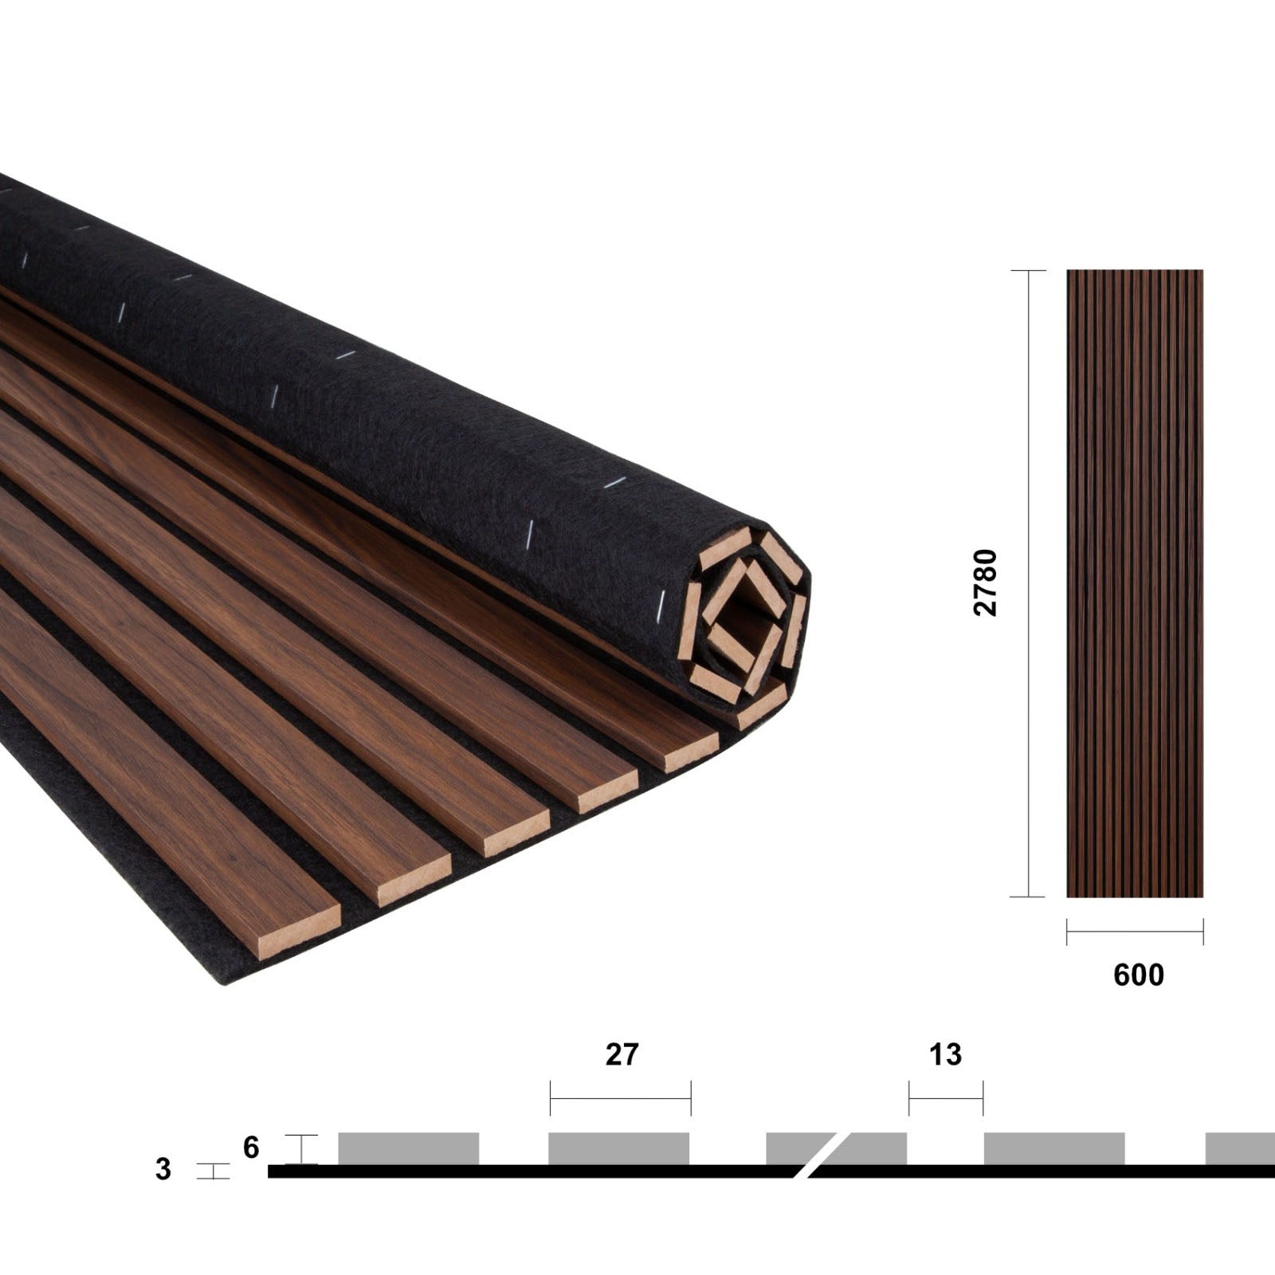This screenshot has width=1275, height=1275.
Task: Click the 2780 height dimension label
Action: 986,583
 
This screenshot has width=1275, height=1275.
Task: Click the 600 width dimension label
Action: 1138,975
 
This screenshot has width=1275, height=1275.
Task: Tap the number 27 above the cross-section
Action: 622,1054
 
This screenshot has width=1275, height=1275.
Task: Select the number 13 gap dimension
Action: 945,1054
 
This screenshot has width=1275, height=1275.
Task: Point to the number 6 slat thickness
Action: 251,1147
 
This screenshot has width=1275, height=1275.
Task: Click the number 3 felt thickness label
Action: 163,1169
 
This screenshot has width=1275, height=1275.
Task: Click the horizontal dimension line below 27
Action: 620,1098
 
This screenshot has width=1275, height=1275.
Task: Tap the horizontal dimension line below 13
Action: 946,1098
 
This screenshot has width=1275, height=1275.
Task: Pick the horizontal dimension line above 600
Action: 1135,931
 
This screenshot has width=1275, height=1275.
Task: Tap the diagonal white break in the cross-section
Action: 821,1154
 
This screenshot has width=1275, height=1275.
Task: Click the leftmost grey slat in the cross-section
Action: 408,1148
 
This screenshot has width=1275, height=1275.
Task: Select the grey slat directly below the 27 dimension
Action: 618,1148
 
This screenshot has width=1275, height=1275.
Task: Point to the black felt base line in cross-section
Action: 526,1171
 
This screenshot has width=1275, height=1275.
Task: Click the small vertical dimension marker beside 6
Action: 301,1148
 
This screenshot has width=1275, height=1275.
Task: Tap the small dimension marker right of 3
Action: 213,1171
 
